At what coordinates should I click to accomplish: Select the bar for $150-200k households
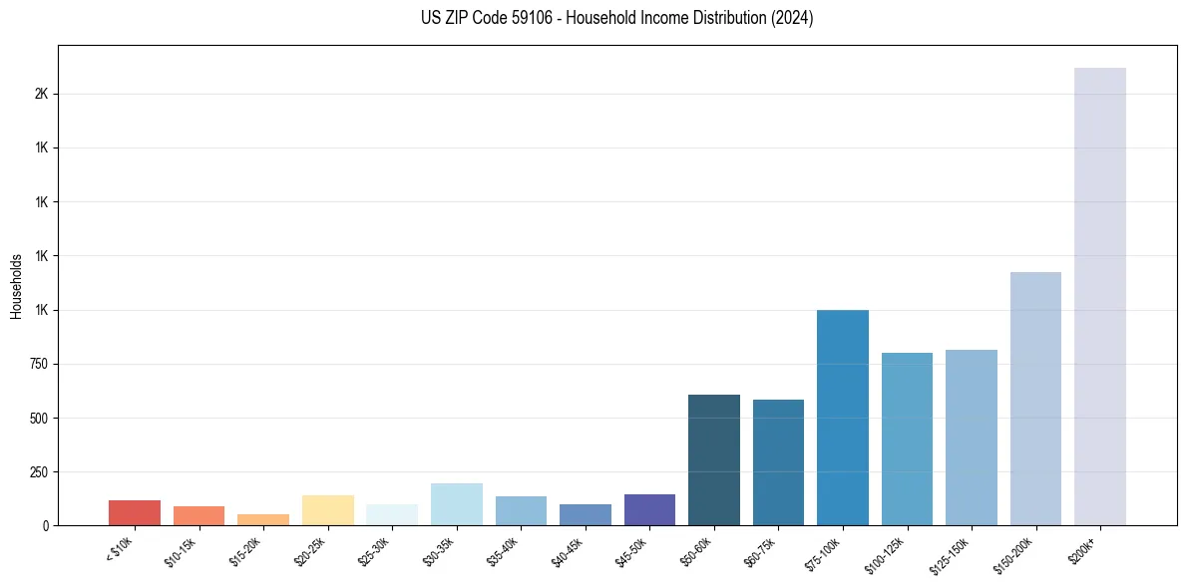tap(1035, 399)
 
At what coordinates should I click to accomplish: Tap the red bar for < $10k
tap(135, 513)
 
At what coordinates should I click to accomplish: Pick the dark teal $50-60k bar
tap(714, 459)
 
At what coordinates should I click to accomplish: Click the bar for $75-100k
tap(843, 418)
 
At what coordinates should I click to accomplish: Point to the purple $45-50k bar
tap(649, 510)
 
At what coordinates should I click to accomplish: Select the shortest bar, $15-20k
tap(263, 520)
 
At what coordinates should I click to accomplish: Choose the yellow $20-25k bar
tap(327, 510)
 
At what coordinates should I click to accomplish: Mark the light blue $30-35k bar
tap(456, 504)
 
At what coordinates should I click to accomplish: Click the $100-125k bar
tap(907, 439)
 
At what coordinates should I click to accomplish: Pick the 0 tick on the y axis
tap(46, 525)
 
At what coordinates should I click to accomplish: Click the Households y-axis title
tap(16, 286)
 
